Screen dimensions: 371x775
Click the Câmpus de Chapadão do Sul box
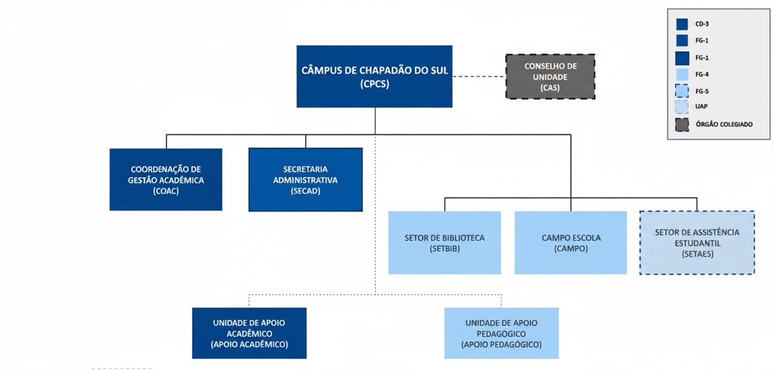[x=374, y=76]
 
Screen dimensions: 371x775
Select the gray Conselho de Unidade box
[x=550, y=76]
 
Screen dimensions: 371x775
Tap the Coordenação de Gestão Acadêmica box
[x=165, y=179]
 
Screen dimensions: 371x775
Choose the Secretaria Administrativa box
[x=305, y=179]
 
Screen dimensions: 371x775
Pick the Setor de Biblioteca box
[x=444, y=242]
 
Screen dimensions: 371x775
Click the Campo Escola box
[x=570, y=242]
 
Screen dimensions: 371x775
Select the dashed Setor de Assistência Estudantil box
[x=697, y=242]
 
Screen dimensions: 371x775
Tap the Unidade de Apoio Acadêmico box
[x=249, y=333]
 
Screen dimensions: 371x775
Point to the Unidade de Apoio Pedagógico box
[x=501, y=333]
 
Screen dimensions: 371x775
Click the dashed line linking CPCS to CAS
[x=479, y=77]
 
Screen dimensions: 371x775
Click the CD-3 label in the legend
[x=701, y=25]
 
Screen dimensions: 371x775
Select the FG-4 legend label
[x=701, y=74]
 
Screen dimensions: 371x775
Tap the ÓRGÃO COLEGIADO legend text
[x=724, y=124]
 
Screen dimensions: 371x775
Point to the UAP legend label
[x=701, y=107]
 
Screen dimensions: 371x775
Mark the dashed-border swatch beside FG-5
[x=682, y=91]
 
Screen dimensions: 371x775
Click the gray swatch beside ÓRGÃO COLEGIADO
[x=682, y=124]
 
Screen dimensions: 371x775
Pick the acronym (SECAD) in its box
[x=305, y=191]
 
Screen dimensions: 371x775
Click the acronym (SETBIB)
[x=444, y=248]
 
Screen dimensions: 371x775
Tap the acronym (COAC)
[x=165, y=191]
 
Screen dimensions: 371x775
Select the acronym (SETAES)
[x=697, y=254]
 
